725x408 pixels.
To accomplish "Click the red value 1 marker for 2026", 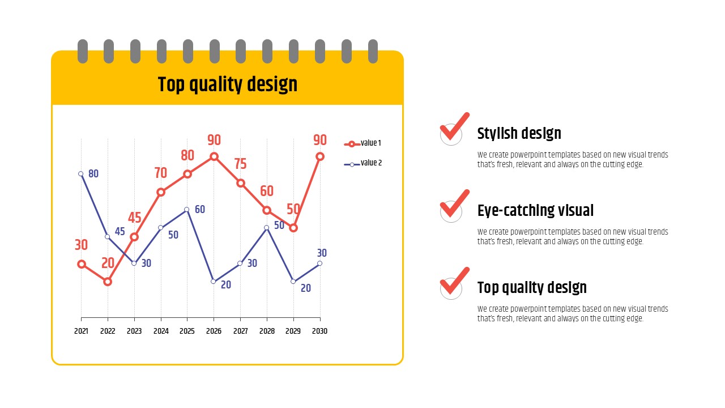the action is pyautogui.click(x=214, y=157).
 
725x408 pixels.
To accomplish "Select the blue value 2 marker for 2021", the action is pyautogui.click(x=81, y=174).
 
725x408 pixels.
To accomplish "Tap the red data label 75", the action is pyautogui.click(x=241, y=164).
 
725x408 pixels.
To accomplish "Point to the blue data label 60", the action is pyautogui.click(x=200, y=210).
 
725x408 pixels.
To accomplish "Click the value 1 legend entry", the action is pyautogui.click(x=362, y=143).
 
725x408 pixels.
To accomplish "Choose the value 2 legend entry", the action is pyautogui.click(x=363, y=163).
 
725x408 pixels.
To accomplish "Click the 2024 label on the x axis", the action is pyautogui.click(x=161, y=331).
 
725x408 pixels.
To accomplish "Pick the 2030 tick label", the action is pyautogui.click(x=320, y=331).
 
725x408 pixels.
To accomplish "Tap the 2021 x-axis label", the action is pyautogui.click(x=81, y=331).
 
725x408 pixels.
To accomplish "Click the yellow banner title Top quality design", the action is pyautogui.click(x=228, y=84).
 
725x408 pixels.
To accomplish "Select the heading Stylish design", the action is pyautogui.click(x=519, y=133).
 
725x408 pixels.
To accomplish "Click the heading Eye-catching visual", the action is pyautogui.click(x=535, y=210).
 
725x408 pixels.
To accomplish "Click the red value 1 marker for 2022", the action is pyautogui.click(x=108, y=282).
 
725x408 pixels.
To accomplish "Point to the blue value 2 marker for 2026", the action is pyautogui.click(x=214, y=282).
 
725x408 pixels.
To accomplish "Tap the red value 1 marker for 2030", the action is pyautogui.click(x=320, y=157).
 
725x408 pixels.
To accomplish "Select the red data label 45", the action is pyautogui.click(x=135, y=218).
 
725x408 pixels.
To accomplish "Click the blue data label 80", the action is pyautogui.click(x=93, y=174).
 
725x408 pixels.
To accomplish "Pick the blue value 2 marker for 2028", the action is pyautogui.click(x=267, y=228).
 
